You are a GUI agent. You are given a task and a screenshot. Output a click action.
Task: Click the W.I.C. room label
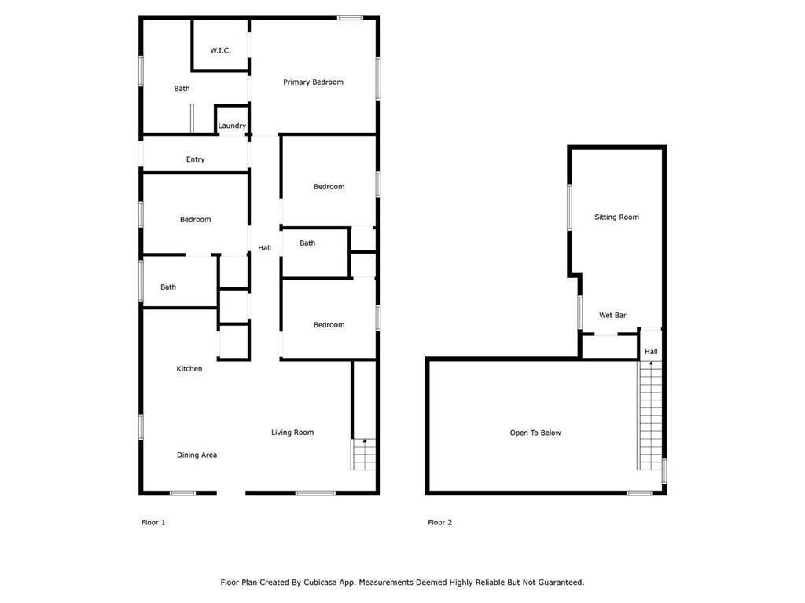coord(220,51)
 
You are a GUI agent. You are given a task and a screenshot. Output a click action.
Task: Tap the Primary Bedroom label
coord(313,82)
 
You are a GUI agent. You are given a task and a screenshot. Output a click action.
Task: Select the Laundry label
coord(232,126)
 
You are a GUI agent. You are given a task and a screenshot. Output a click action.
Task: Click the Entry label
coord(196,159)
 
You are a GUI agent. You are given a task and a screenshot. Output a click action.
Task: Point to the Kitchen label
coord(189,369)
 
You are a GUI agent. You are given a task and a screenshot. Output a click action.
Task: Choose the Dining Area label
coord(197,455)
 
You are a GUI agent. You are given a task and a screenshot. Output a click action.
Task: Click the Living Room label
coord(292,433)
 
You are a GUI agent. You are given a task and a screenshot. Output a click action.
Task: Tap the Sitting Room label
coord(616,217)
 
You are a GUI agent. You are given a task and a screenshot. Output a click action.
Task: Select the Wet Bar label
coord(612,316)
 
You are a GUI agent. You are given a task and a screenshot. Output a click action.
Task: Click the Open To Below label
coord(535,433)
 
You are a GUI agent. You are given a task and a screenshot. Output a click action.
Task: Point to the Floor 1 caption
coord(153,523)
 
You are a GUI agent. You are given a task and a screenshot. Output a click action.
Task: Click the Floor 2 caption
coord(439,523)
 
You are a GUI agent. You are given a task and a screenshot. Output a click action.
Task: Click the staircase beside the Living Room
coord(364,455)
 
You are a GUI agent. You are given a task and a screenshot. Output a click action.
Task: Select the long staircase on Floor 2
coord(649,416)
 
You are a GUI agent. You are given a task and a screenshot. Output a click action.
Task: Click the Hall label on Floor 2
coord(651,353)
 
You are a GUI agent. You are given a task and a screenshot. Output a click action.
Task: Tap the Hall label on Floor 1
coord(264,248)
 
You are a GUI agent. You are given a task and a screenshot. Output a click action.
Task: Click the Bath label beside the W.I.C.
coord(182,89)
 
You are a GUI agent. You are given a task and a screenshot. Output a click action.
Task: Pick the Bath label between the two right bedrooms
coord(307,243)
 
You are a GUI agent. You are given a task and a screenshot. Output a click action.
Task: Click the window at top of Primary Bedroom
coord(350,17)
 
